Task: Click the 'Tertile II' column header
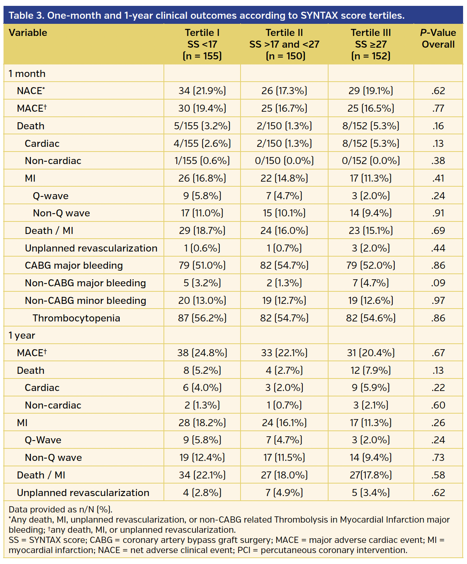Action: (284, 44)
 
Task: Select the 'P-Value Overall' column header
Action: (438, 39)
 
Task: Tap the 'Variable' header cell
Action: (28, 33)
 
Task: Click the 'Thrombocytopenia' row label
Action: (76, 318)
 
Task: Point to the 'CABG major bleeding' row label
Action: (74, 266)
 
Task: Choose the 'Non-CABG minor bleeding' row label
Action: (85, 300)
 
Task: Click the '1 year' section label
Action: (22, 336)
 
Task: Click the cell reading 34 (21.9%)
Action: (202, 91)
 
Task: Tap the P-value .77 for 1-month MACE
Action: (438, 109)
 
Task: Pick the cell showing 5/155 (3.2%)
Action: (202, 126)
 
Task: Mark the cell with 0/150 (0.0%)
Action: (284, 161)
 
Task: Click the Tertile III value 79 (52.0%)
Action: (371, 266)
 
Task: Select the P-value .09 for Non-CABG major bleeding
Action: (438, 283)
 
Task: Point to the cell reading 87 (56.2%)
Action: (202, 318)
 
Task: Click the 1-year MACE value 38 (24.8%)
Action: (202, 353)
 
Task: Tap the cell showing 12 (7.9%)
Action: (371, 370)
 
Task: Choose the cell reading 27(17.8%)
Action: (371, 475)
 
